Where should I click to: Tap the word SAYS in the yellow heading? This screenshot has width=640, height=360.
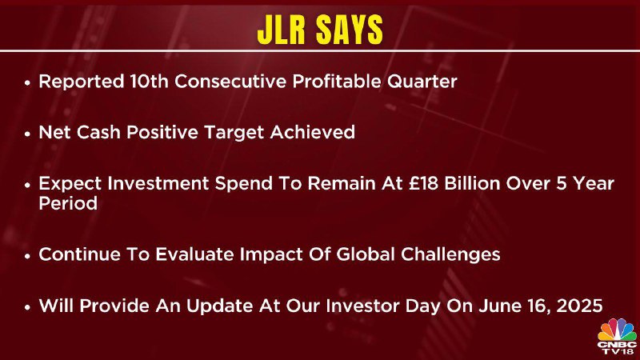(x=350, y=30)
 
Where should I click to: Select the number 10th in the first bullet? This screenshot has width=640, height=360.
(x=149, y=82)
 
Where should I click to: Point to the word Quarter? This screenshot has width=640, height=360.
(x=422, y=82)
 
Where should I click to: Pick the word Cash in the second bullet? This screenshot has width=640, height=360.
(x=98, y=132)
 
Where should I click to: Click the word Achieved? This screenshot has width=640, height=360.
(x=312, y=132)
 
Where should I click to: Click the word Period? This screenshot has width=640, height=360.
(x=68, y=203)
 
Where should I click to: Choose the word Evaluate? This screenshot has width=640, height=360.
(x=194, y=254)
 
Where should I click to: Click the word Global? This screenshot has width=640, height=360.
(x=366, y=254)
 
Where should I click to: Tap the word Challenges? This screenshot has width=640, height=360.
(x=450, y=255)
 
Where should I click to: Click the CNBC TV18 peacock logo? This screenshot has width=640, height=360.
(x=617, y=337)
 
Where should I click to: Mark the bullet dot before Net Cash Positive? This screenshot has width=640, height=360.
(x=27, y=134)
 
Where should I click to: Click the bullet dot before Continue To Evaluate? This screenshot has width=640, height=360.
(x=27, y=256)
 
